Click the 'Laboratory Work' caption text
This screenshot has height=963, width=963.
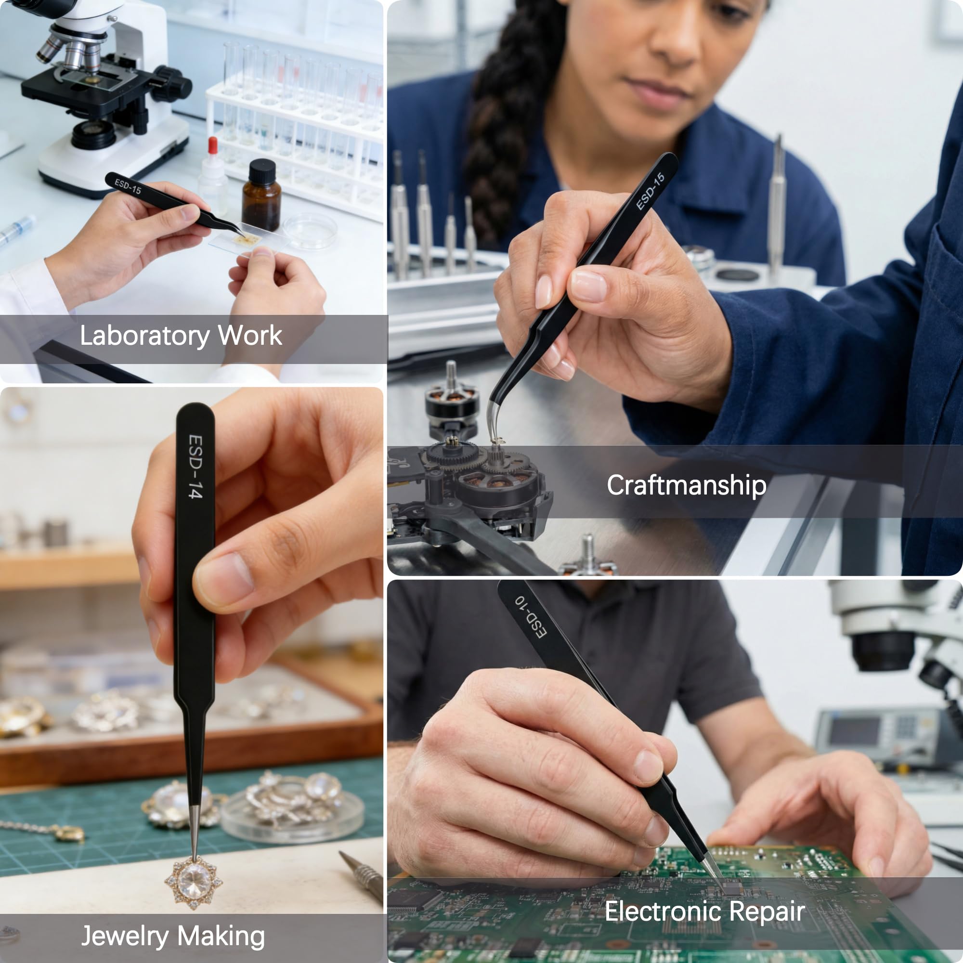(181, 336)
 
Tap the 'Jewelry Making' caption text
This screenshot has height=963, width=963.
(173, 936)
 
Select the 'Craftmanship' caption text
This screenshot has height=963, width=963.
(686, 485)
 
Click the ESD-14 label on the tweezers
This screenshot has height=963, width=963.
(195, 466)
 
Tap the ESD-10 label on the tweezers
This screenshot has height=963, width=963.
(531, 615)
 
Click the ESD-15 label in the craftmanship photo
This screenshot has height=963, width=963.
(650, 191)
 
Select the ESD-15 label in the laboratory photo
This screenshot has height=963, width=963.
(128, 186)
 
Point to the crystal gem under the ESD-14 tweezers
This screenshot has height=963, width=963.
(194, 884)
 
